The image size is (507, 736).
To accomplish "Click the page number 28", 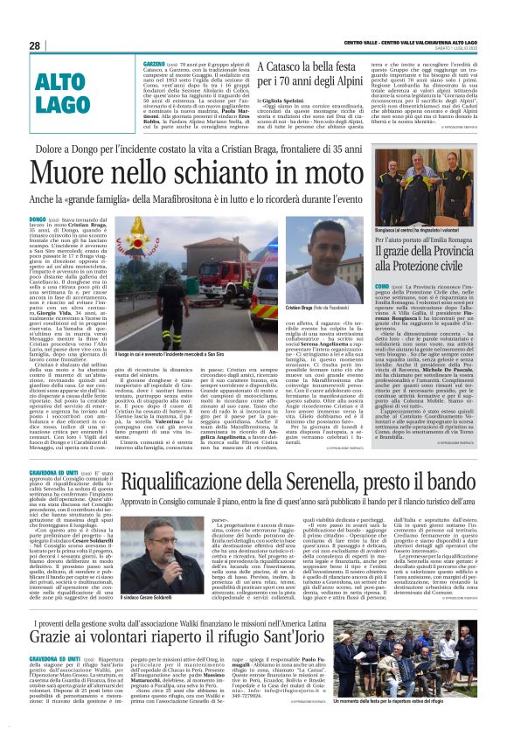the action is click(x=35, y=45).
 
